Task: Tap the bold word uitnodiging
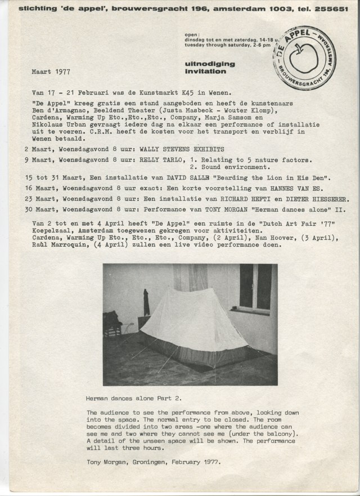click(205, 65)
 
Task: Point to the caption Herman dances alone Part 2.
click(134, 398)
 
